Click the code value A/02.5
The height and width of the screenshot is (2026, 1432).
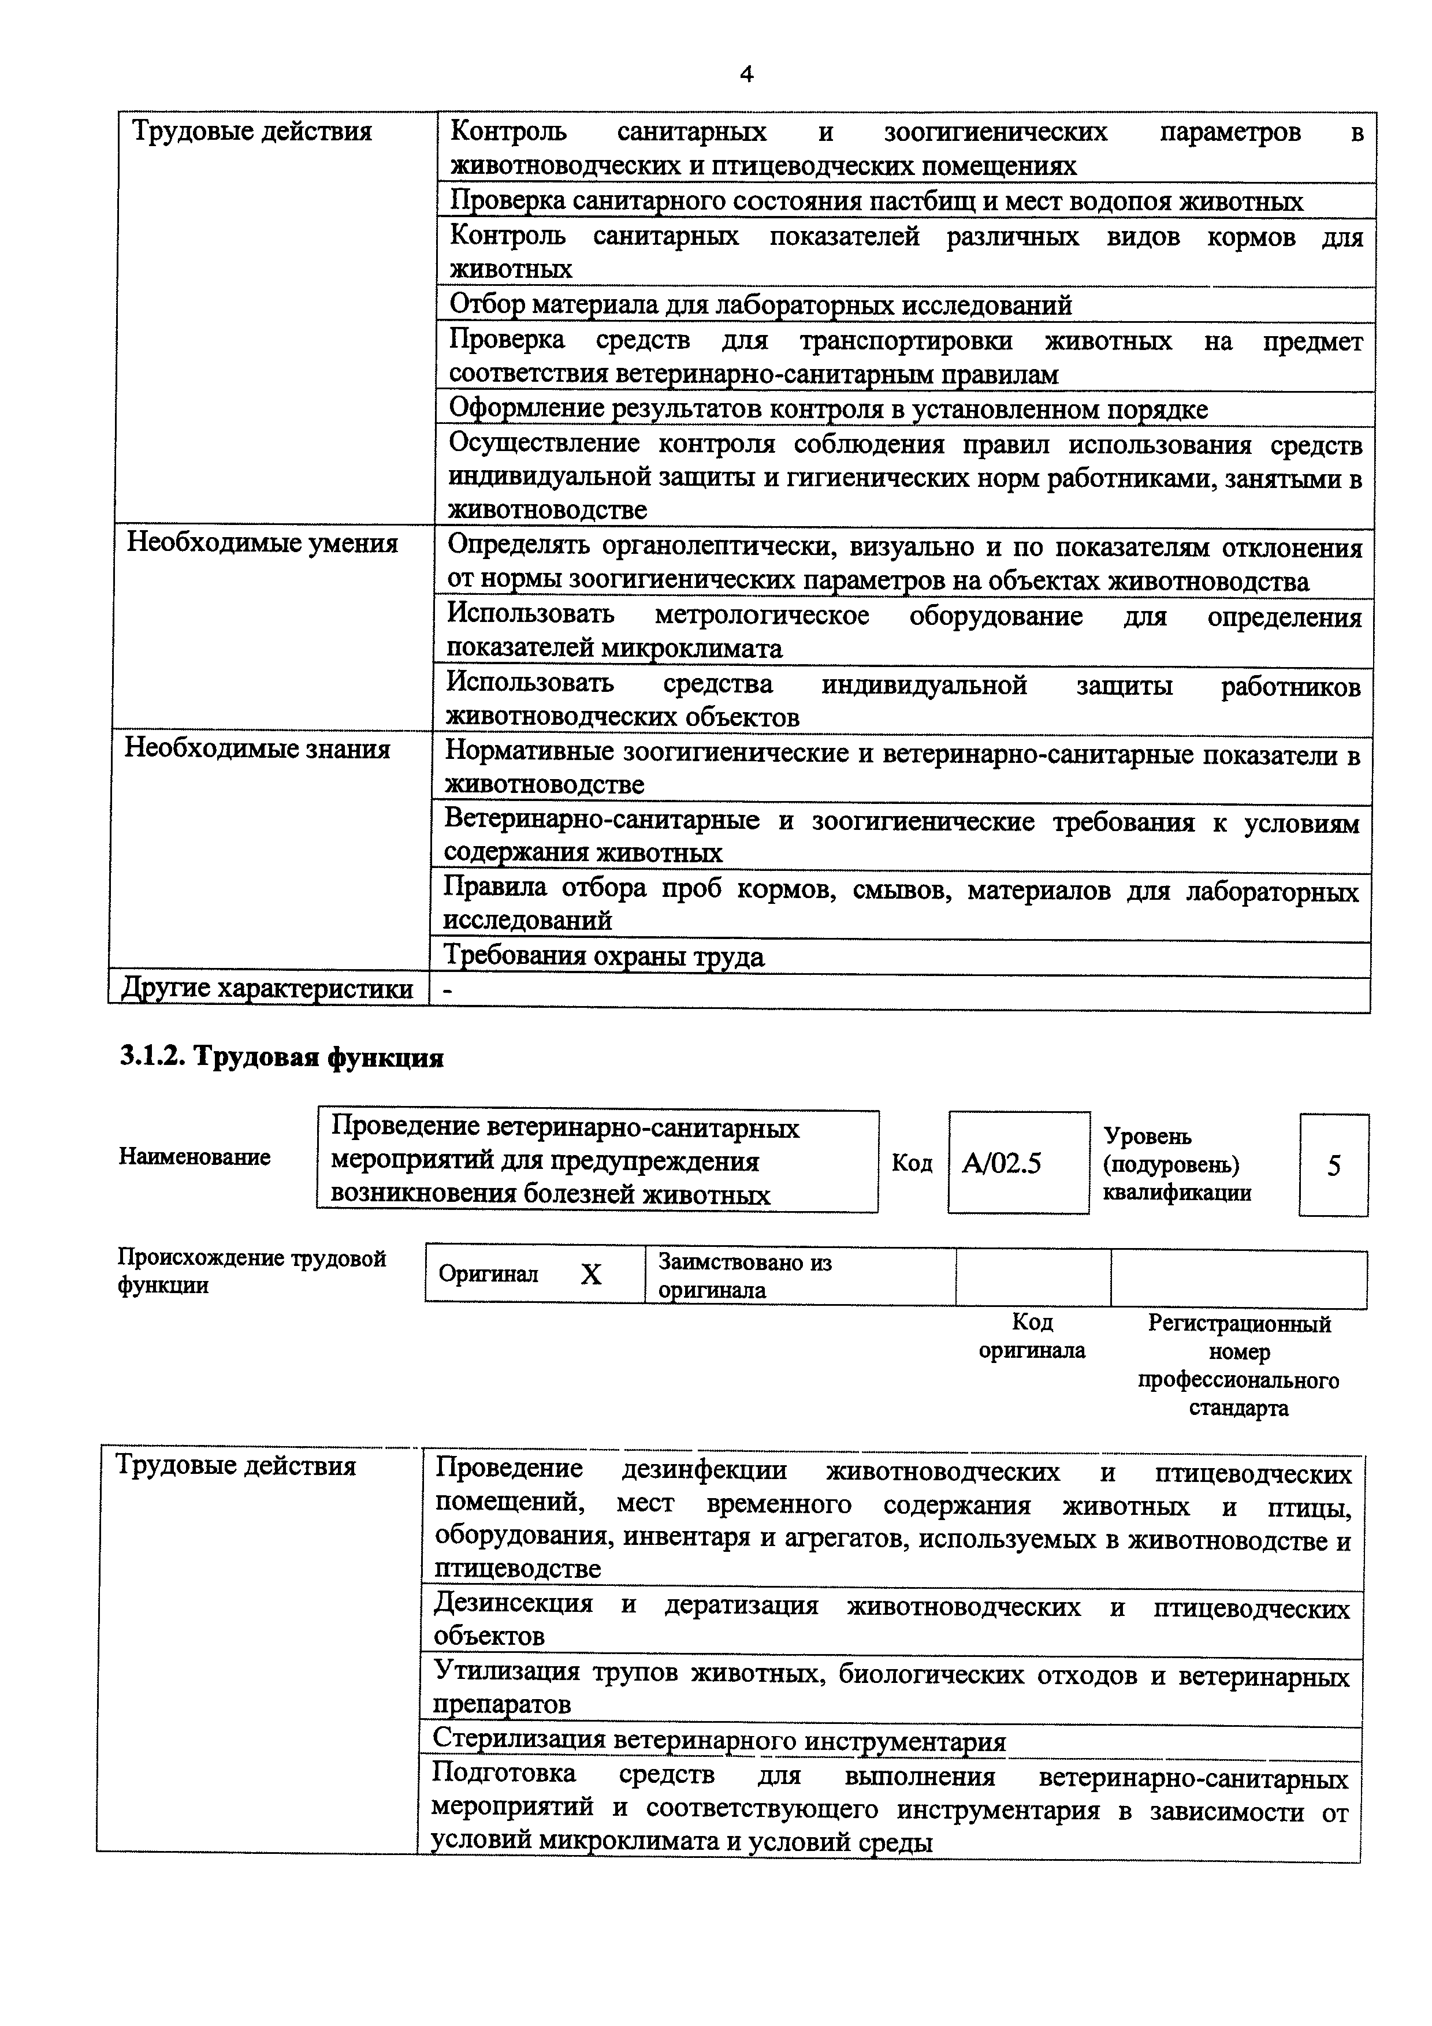pos(1002,1164)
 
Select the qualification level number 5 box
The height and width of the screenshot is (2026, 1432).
pos(1333,1165)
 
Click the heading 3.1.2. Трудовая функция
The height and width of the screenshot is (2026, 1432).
pos(281,1056)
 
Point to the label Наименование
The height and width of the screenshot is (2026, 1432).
pos(194,1157)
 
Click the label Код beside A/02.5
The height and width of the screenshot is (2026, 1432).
pos(912,1163)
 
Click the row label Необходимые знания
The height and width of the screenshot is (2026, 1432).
pos(256,748)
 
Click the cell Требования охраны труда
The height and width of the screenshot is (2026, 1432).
pos(604,956)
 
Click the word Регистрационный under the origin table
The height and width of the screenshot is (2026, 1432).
pos(1238,1324)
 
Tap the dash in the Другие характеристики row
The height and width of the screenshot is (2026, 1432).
pos(447,991)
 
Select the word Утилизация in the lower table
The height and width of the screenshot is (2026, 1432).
pos(507,1670)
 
